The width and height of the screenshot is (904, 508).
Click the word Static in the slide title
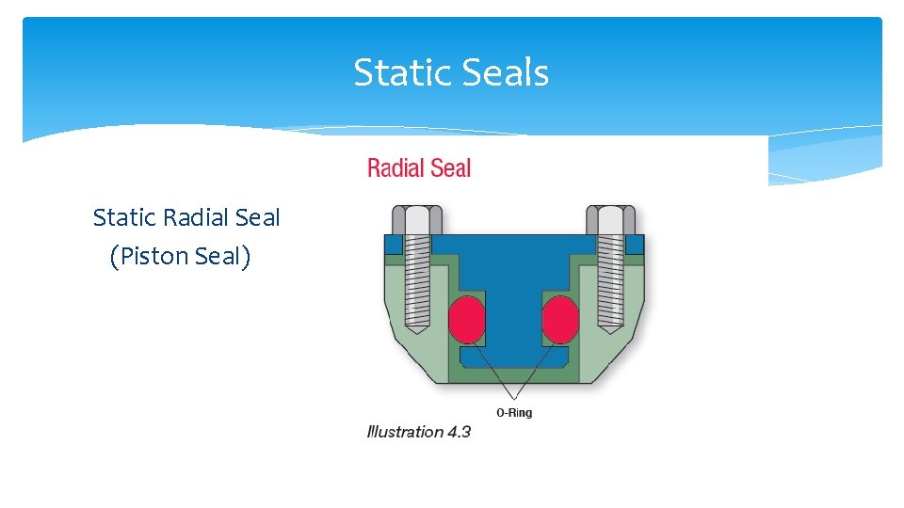pos(395,72)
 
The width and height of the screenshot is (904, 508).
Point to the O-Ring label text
pos(513,413)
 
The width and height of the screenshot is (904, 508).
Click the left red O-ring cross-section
pos(466,319)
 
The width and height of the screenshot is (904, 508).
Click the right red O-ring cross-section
pos(559,319)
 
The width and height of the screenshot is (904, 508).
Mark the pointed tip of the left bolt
pos(412,330)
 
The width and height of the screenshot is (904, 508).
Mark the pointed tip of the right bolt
pos(610,330)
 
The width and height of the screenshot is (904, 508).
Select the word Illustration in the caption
pos(405,432)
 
